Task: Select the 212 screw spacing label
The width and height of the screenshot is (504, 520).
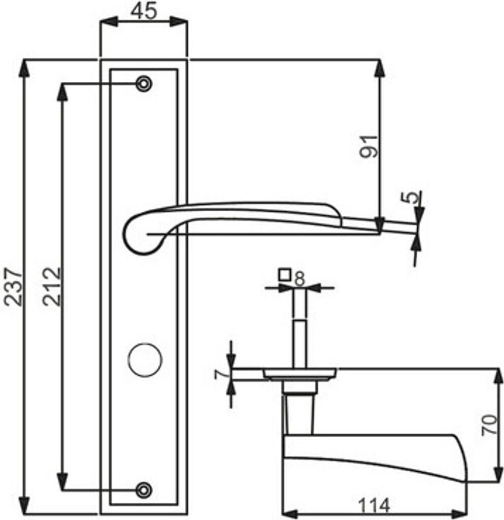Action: tap(52, 286)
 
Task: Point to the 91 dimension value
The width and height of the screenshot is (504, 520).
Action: tap(368, 146)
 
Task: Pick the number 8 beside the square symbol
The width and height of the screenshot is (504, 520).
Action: tap(299, 279)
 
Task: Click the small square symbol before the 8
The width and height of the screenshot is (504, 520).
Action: tap(285, 275)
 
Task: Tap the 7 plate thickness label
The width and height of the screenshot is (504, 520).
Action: tap(221, 374)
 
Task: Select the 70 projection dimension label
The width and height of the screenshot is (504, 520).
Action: tap(489, 425)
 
